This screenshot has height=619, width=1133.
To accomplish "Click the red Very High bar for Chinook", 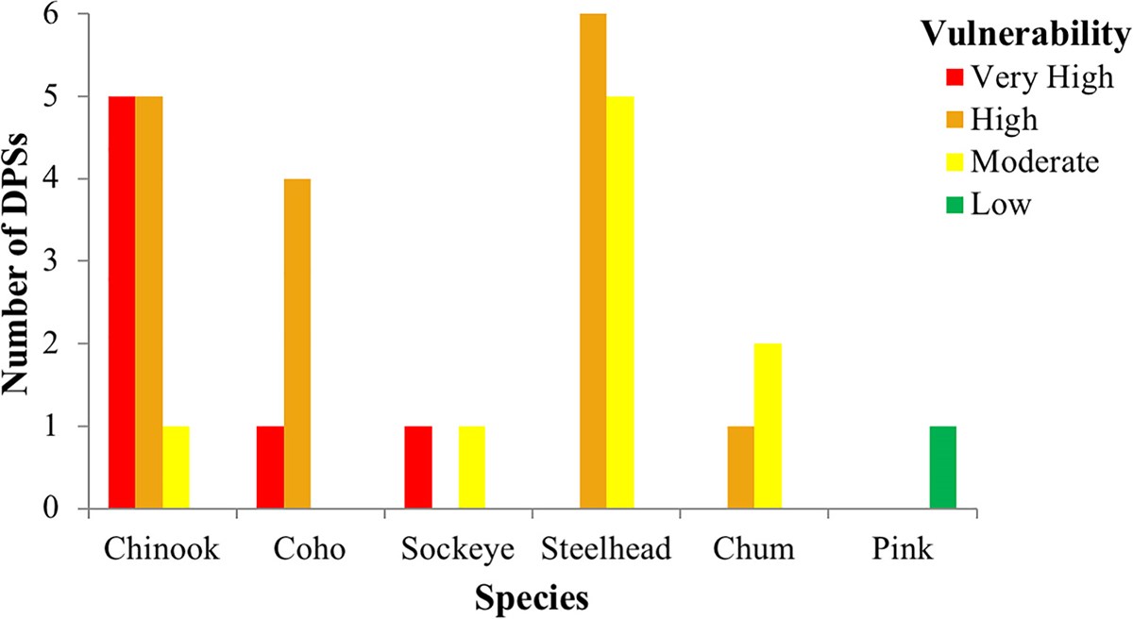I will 122,302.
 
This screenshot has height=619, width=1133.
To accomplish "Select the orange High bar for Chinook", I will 149,302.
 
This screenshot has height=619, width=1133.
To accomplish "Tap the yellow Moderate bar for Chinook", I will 176,467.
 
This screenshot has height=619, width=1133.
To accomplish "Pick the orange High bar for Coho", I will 297,343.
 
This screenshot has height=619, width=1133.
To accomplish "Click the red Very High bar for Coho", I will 270,467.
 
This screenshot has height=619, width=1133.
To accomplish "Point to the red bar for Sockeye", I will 418,467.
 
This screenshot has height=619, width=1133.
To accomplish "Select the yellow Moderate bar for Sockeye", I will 472,467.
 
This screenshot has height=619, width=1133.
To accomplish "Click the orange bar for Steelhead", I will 593,261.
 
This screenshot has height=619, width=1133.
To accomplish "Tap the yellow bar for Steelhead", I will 620,302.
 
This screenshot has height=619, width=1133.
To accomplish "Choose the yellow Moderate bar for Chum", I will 768,426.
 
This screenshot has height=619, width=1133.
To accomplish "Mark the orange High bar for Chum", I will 741,467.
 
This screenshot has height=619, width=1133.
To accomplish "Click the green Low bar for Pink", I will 942,467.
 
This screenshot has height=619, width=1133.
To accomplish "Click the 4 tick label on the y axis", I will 59,179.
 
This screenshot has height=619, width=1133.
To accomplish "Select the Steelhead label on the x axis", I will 606,549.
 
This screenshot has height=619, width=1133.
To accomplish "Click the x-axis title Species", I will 533,597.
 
